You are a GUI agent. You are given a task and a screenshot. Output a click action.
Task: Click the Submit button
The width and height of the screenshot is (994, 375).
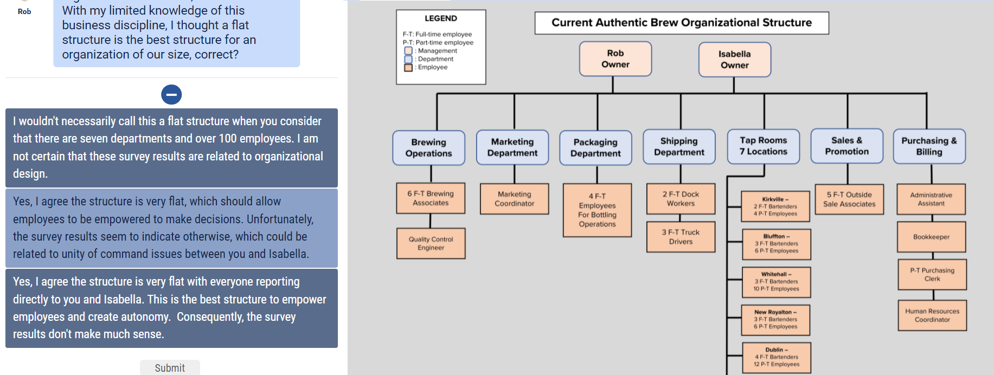pyautogui.click(x=170, y=367)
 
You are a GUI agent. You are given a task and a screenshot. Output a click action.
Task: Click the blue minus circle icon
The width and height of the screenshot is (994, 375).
pyautogui.click(x=171, y=95)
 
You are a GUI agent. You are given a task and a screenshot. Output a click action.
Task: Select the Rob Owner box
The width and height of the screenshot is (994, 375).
pyautogui.click(x=615, y=59)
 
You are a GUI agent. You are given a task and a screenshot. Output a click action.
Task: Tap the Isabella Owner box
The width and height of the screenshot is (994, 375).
pyautogui.click(x=734, y=60)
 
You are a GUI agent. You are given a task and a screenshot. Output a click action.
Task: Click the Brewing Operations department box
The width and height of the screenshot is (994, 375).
pyautogui.click(x=428, y=147)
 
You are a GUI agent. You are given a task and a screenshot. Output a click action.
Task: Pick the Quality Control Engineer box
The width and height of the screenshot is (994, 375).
pyautogui.click(x=431, y=243)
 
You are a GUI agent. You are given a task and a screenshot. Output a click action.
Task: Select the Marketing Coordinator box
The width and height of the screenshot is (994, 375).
pyautogui.click(x=514, y=199)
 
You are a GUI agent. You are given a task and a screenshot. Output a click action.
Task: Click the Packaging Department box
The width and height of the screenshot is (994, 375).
pyautogui.click(x=595, y=147)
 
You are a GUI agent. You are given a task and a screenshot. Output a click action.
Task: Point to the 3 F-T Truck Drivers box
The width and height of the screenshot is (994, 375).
pyautogui.click(x=681, y=237)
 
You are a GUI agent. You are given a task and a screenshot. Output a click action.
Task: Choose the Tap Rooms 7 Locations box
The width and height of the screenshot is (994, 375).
pyautogui.click(x=763, y=146)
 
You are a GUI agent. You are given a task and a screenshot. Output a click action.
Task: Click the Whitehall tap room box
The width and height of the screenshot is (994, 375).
pyautogui.click(x=776, y=282)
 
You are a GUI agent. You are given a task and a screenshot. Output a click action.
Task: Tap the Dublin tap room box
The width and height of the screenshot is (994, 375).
pyautogui.click(x=777, y=357)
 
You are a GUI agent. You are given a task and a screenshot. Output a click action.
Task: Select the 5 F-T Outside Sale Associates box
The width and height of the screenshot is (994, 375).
pyautogui.click(x=849, y=199)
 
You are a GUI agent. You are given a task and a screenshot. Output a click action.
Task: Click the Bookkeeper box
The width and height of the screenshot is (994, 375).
pyautogui.click(x=931, y=237)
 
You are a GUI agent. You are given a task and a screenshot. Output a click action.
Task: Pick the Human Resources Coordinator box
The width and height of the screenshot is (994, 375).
pyautogui.click(x=932, y=315)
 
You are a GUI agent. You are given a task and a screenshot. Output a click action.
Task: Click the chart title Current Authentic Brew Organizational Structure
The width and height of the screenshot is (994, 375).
pyautogui.click(x=682, y=23)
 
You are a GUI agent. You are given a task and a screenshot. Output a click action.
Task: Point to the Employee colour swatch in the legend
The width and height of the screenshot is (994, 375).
pyautogui.click(x=408, y=68)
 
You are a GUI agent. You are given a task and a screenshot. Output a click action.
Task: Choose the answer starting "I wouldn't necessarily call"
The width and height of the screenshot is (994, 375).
pyautogui.click(x=171, y=147)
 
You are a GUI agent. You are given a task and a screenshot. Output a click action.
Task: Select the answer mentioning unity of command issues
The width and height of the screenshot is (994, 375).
pyautogui.click(x=171, y=228)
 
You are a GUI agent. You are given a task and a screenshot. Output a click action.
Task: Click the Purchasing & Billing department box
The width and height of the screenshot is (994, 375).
pyautogui.click(x=929, y=146)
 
